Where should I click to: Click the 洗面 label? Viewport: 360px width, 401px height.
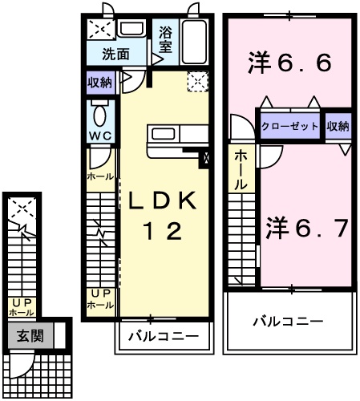point(115,55)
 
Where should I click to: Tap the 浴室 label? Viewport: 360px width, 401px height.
point(166,40)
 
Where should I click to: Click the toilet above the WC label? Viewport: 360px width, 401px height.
point(100,111)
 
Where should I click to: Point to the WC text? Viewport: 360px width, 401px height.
point(100,134)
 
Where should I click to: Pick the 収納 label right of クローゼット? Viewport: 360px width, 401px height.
point(338,127)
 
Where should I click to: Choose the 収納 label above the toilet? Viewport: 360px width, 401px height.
point(100,81)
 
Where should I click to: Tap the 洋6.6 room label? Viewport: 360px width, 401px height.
point(291,61)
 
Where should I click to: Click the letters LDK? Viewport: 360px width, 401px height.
point(168,200)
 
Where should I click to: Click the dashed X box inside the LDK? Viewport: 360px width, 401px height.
point(196,82)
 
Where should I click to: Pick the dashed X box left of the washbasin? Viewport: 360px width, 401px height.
point(101,30)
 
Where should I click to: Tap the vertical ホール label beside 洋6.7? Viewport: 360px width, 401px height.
point(240,171)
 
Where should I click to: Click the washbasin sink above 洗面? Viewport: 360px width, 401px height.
point(131,30)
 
